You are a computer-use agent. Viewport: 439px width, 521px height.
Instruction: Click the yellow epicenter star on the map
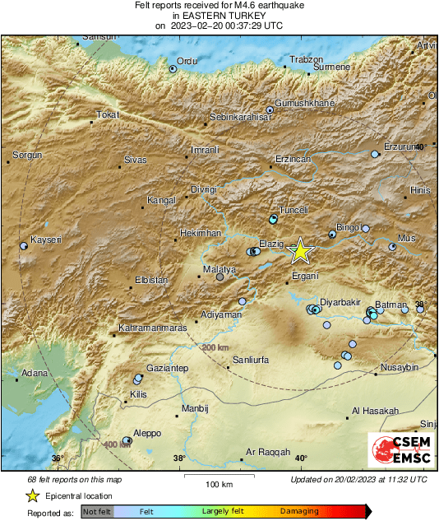[x=302, y=250]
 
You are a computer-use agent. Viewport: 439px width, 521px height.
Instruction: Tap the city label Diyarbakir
[x=340, y=303]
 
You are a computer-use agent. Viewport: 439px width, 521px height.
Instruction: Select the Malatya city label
[x=219, y=269]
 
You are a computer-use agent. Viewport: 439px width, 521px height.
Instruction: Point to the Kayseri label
[x=46, y=240]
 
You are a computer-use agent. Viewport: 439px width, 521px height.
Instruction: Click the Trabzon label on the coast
[x=307, y=59]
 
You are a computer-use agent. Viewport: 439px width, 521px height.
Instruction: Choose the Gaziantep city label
[x=167, y=367]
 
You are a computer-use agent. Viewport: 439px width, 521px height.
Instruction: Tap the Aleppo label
[x=147, y=433]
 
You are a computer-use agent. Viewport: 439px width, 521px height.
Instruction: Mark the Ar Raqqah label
[x=269, y=453]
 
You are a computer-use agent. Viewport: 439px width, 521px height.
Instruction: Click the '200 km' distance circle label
[x=215, y=348]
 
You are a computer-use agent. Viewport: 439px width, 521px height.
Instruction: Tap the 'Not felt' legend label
[x=97, y=512]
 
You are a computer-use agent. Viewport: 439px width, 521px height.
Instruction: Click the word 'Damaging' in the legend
[x=300, y=512]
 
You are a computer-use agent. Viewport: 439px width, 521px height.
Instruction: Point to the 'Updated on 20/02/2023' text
[x=358, y=479]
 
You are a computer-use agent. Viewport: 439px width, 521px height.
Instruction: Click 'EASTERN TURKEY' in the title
[x=219, y=15]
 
